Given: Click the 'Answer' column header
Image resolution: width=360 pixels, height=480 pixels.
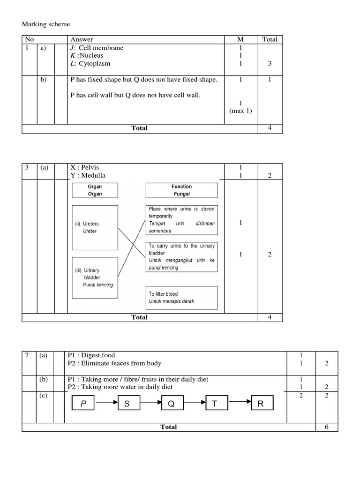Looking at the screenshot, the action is tap(81, 39).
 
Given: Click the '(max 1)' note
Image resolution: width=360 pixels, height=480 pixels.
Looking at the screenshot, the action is tap(240, 111).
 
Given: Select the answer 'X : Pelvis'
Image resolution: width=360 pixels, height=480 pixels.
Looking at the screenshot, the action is tap(85, 167).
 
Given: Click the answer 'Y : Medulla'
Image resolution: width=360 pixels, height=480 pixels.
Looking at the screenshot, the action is tap(88, 175).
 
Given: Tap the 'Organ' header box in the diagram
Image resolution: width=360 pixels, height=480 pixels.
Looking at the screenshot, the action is tap(95, 190).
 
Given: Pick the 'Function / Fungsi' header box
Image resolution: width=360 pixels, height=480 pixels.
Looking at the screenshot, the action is tap(181, 190).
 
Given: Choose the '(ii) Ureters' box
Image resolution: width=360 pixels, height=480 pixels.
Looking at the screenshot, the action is tap(95, 227).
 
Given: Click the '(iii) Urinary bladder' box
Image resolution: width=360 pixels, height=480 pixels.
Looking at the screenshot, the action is tap(95, 277).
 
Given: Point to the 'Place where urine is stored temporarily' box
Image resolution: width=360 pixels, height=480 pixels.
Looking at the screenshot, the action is tap(181, 219).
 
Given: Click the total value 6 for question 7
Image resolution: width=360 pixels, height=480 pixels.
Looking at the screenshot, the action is tap(327, 427).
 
